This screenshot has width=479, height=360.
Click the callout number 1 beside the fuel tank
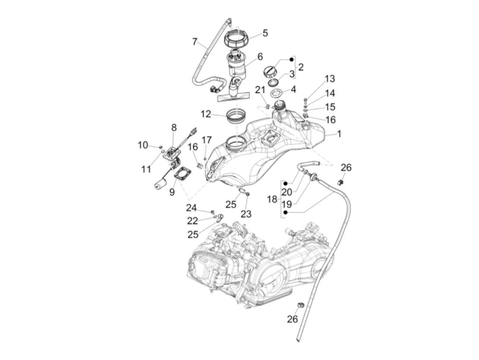(x=339, y=134)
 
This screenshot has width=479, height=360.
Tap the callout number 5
(x=265, y=33)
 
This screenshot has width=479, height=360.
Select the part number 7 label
(x=195, y=42)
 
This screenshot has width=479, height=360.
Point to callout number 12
(x=206, y=114)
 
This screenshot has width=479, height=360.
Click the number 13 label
(x=329, y=79)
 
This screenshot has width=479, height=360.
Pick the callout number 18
(x=272, y=199)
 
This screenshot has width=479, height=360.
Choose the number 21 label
(x=260, y=90)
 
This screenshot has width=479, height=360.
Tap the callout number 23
(x=246, y=214)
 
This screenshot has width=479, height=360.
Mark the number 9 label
(x=172, y=192)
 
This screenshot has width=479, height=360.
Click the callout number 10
(x=143, y=145)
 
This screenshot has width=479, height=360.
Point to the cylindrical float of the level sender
(x=159, y=185)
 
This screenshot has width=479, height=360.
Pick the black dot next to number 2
(x=292, y=60)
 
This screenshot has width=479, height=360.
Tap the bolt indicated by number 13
(x=305, y=100)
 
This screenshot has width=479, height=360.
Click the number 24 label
(x=192, y=208)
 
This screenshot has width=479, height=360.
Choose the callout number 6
(x=260, y=57)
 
